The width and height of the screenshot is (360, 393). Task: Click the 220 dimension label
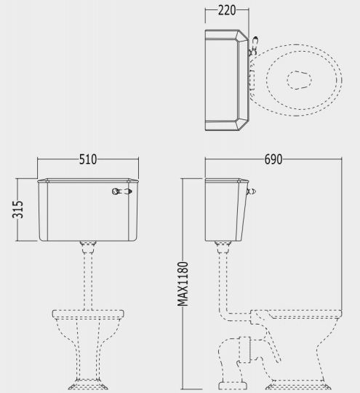click(x=227, y=10)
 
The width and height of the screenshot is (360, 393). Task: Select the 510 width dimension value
click(x=88, y=159)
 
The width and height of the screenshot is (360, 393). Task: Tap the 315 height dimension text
click(x=17, y=210)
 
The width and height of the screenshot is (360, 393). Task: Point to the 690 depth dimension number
click(x=273, y=159)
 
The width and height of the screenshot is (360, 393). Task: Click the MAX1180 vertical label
click(x=183, y=284)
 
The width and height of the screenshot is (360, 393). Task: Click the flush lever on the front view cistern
click(x=122, y=191)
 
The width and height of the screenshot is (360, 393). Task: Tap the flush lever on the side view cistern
click(x=252, y=192)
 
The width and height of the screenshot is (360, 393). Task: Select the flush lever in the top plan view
click(x=253, y=46)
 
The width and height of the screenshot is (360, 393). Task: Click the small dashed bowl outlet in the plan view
click(x=299, y=80)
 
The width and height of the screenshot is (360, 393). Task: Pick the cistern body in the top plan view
click(x=227, y=80)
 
